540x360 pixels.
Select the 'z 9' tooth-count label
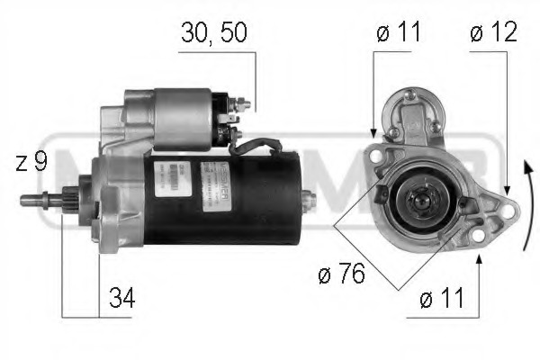[x=31, y=163]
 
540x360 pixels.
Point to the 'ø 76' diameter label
[x=343, y=274]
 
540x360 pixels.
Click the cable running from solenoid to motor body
[x=261, y=143]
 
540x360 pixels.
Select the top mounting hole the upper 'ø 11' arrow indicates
[x=375, y=155]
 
